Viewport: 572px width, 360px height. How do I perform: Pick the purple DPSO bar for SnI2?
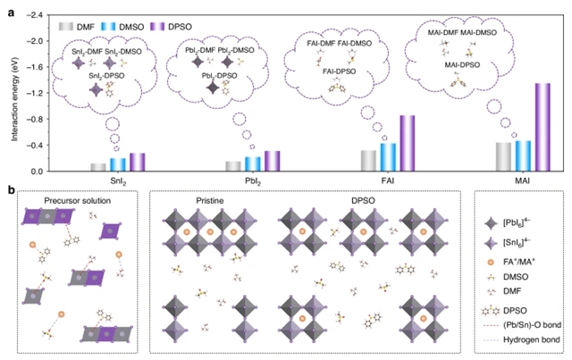pos(137,162)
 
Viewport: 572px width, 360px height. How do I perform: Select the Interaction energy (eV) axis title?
pos(12,94)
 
